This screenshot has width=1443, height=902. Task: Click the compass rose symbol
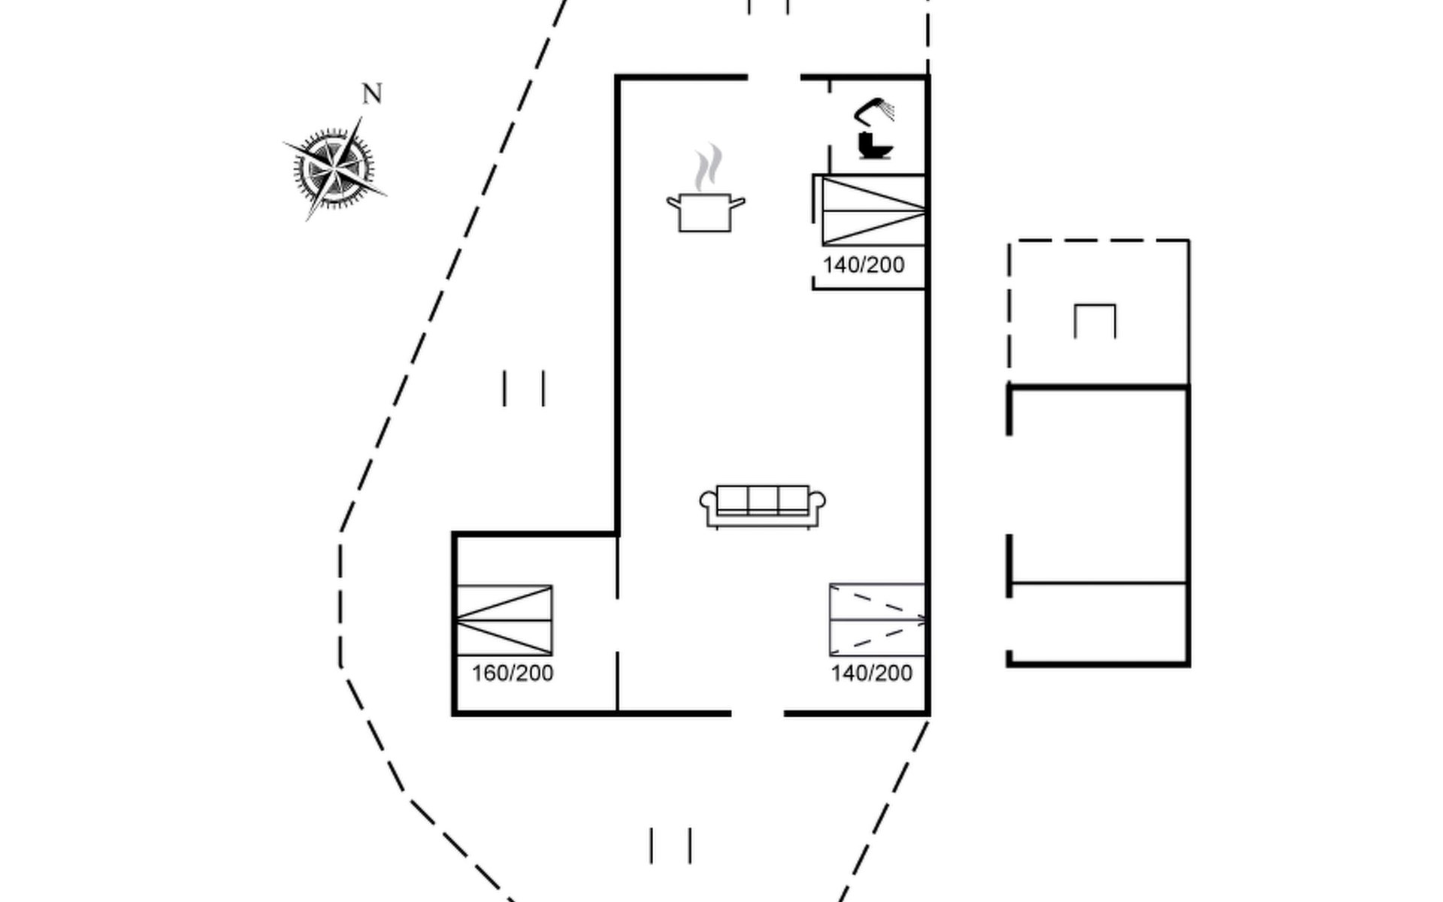tap(333, 168)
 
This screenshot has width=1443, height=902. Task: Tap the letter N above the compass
tap(372, 94)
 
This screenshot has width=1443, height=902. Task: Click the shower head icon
tap(875, 111)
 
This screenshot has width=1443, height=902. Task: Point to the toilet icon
tap(874, 146)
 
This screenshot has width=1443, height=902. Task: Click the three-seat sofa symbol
tap(762, 506)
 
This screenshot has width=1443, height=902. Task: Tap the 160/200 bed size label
tap(513, 673)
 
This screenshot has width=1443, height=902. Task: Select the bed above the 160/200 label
tap(504, 620)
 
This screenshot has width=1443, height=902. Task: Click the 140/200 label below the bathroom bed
tap(864, 265)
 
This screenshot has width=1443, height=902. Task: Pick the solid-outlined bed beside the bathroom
tap(873, 211)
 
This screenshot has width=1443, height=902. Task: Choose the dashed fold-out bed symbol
tap(877, 619)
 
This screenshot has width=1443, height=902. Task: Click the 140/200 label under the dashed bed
tap(872, 673)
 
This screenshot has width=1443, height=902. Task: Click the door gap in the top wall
tap(774, 77)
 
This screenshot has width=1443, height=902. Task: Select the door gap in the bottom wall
tap(758, 713)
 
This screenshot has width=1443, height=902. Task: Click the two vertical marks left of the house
tap(524, 389)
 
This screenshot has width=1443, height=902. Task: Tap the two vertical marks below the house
tap(670, 846)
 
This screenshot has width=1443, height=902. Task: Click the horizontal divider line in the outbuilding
tap(1098, 583)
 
